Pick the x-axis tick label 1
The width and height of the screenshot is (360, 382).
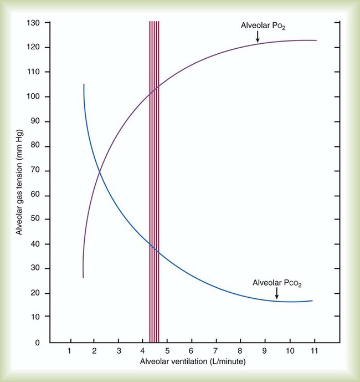[x=70, y=351]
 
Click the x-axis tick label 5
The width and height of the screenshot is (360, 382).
[x=167, y=351]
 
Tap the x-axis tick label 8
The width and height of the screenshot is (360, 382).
[x=240, y=351]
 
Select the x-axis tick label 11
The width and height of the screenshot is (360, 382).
[x=313, y=351]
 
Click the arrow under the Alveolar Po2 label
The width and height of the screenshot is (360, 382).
[x=258, y=37]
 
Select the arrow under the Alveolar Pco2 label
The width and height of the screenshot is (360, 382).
[x=276, y=293]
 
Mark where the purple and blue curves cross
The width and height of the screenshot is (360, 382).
[x=100, y=172]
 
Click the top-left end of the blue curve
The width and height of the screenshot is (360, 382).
[x=84, y=85]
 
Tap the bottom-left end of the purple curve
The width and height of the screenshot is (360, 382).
[x=83, y=277]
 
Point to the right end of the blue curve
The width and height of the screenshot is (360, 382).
[x=312, y=300]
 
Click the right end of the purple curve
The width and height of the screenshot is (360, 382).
[x=316, y=40]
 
